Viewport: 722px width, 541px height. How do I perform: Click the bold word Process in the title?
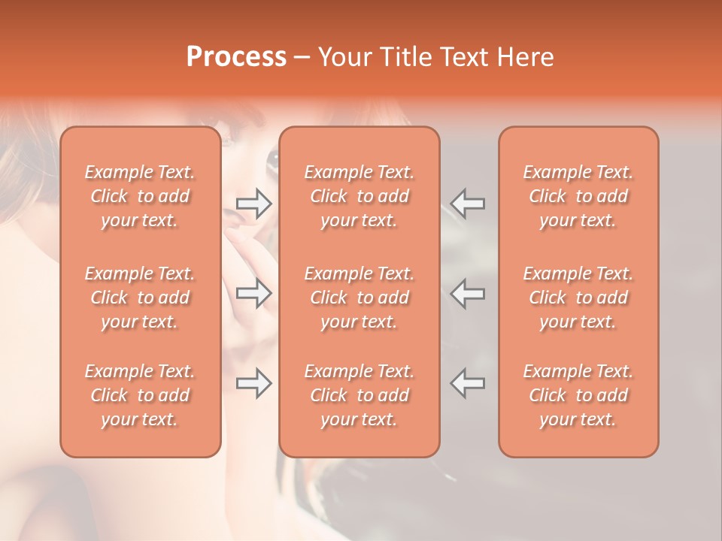click(x=236, y=57)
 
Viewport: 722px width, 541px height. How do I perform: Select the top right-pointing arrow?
click(x=253, y=202)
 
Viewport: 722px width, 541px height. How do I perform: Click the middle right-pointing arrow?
click(x=253, y=293)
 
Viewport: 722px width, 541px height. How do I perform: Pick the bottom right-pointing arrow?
click(x=253, y=383)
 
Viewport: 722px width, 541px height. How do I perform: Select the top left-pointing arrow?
click(x=467, y=202)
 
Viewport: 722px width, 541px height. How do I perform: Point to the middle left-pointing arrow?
click(x=467, y=293)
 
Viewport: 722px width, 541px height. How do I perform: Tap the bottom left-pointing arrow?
click(x=467, y=383)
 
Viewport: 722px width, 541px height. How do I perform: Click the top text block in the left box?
click(x=140, y=196)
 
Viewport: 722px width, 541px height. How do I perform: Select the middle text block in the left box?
click(x=140, y=298)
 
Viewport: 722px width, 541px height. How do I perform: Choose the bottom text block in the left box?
click(x=140, y=395)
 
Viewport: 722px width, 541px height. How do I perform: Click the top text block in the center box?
click(x=359, y=196)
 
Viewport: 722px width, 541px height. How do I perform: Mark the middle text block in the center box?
click(x=359, y=298)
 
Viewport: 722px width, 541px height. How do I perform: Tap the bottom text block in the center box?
click(x=359, y=395)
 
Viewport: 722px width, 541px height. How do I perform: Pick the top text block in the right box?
click(x=578, y=196)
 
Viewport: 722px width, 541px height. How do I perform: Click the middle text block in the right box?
click(x=578, y=298)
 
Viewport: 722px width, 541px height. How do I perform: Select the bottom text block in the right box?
click(x=578, y=395)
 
